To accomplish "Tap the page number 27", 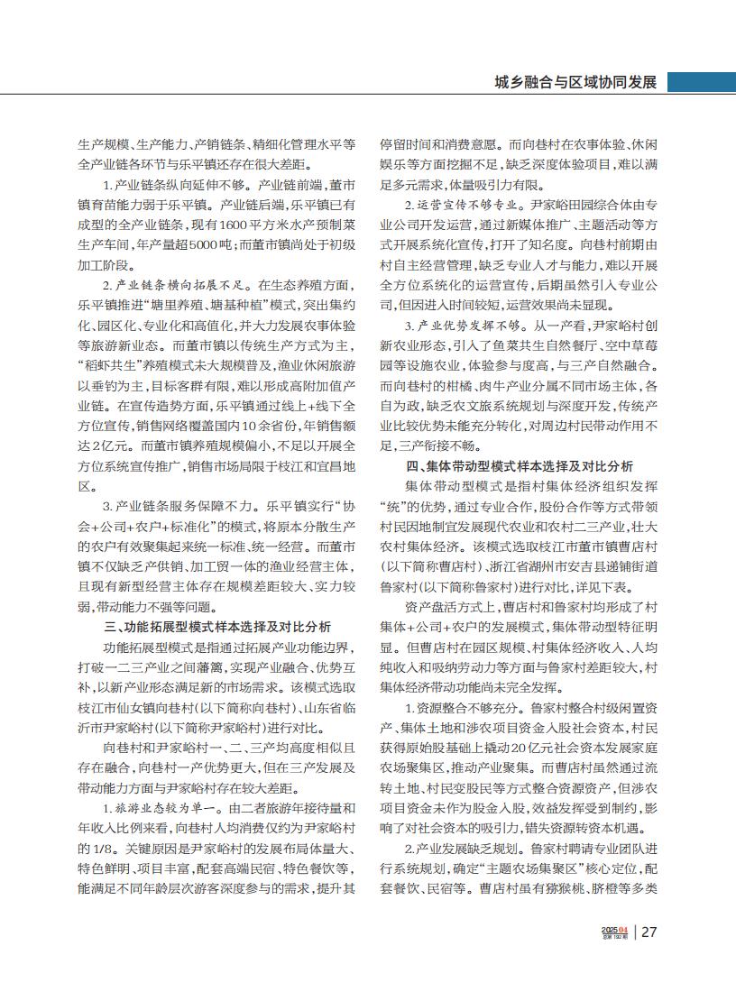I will pos(649,933).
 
